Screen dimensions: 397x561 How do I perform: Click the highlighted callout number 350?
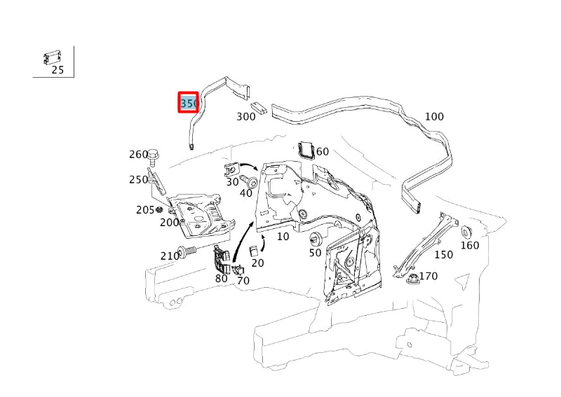(x=189, y=104)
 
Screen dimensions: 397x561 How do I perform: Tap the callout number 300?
(x=246, y=117)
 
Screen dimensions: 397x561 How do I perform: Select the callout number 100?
(x=434, y=116)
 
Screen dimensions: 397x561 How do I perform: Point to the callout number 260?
(x=138, y=155)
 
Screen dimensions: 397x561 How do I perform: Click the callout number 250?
(x=138, y=180)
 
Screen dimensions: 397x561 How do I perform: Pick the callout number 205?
(x=145, y=210)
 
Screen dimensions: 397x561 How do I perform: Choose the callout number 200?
(x=169, y=223)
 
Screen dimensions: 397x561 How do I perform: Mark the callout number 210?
(x=170, y=256)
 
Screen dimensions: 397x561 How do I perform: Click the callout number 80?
(x=222, y=278)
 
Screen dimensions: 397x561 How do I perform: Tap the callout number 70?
(x=243, y=281)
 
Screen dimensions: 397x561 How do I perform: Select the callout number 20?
(x=258, y=263)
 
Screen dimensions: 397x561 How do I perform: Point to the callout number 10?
(x=283, y=237)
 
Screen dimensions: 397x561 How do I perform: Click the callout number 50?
(x=315, y=253)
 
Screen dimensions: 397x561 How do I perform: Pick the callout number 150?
(x=444, y=255)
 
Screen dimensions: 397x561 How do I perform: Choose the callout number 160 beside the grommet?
(x=470, y=245)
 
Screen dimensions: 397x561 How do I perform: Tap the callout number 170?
(x=428, y=277)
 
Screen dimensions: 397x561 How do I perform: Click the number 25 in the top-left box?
(x=58, y=70)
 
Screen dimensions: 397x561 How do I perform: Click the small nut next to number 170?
(x=412, y=279)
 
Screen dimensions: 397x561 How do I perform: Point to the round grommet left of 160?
(x=464, y=232)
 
